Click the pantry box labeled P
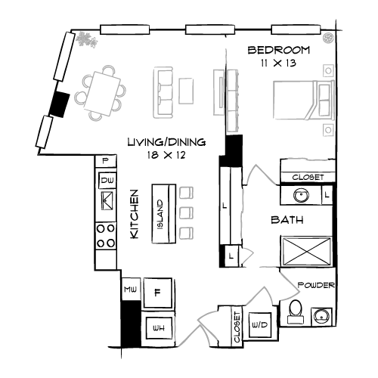pos(107,160)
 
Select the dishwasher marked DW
pos(107,180)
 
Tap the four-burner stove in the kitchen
pos(106,236)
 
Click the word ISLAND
pos(160,214)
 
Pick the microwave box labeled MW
pos(130,289)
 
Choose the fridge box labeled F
pos(157,291)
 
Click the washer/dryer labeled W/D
pos(259,325)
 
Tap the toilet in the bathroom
pos(295,312)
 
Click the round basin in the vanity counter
pos(300,196)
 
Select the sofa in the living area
pos(163,92)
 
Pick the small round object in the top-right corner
pos(328,37)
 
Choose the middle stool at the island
pos(186,212)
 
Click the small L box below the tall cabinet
pos(230,257)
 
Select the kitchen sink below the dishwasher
pos(107,201)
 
